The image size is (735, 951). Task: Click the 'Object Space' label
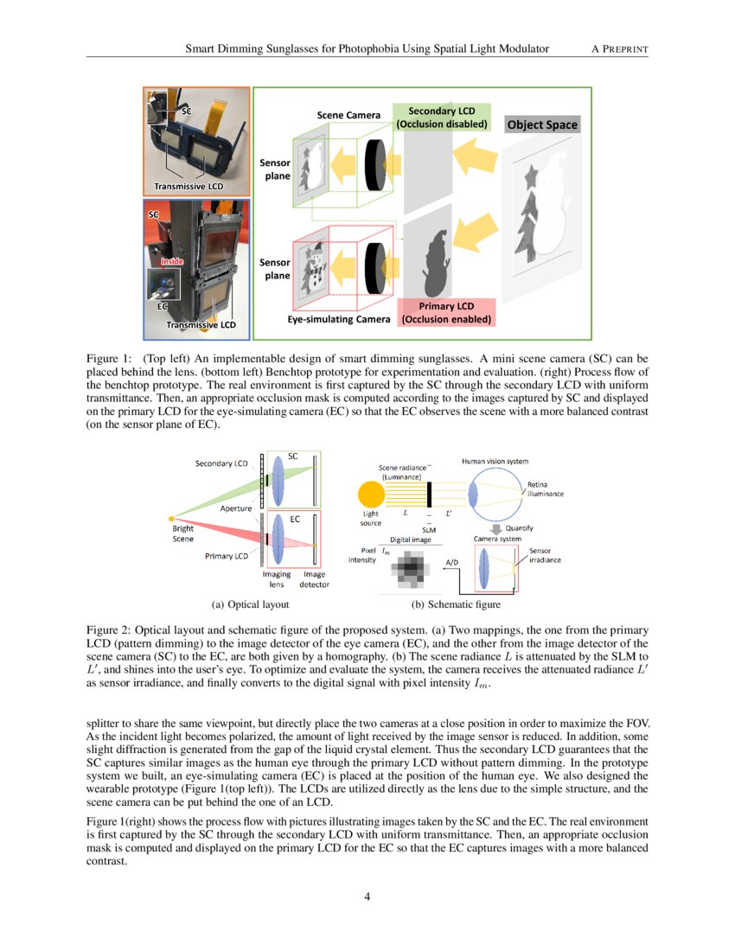542,124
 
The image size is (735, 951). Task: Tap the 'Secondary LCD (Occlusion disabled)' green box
442,118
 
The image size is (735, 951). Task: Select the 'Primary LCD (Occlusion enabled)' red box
446,313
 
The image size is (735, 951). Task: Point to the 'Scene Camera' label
350,115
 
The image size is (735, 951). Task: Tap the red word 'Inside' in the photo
172,260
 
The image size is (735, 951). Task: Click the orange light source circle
371,495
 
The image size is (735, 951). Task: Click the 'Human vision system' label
495,462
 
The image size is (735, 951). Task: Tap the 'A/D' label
451,562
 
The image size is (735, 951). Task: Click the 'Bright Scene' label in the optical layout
183,533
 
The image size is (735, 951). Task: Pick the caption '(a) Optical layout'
250,604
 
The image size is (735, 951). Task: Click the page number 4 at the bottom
367,896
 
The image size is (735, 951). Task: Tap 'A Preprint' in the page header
619,49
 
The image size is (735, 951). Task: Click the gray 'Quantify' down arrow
496,527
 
